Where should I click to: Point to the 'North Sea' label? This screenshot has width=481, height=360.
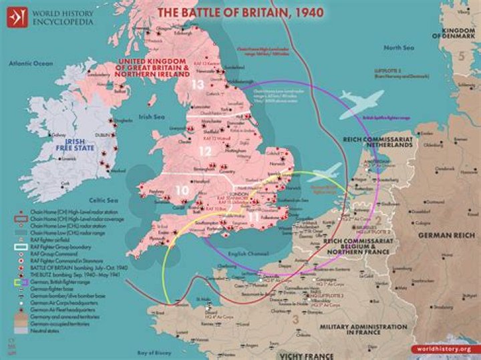coord(398,47)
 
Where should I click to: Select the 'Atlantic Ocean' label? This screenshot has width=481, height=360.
coord(30,63)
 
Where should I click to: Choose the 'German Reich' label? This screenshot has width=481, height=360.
coord(446,236)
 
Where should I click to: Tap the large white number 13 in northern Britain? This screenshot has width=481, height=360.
coord(197,85)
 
